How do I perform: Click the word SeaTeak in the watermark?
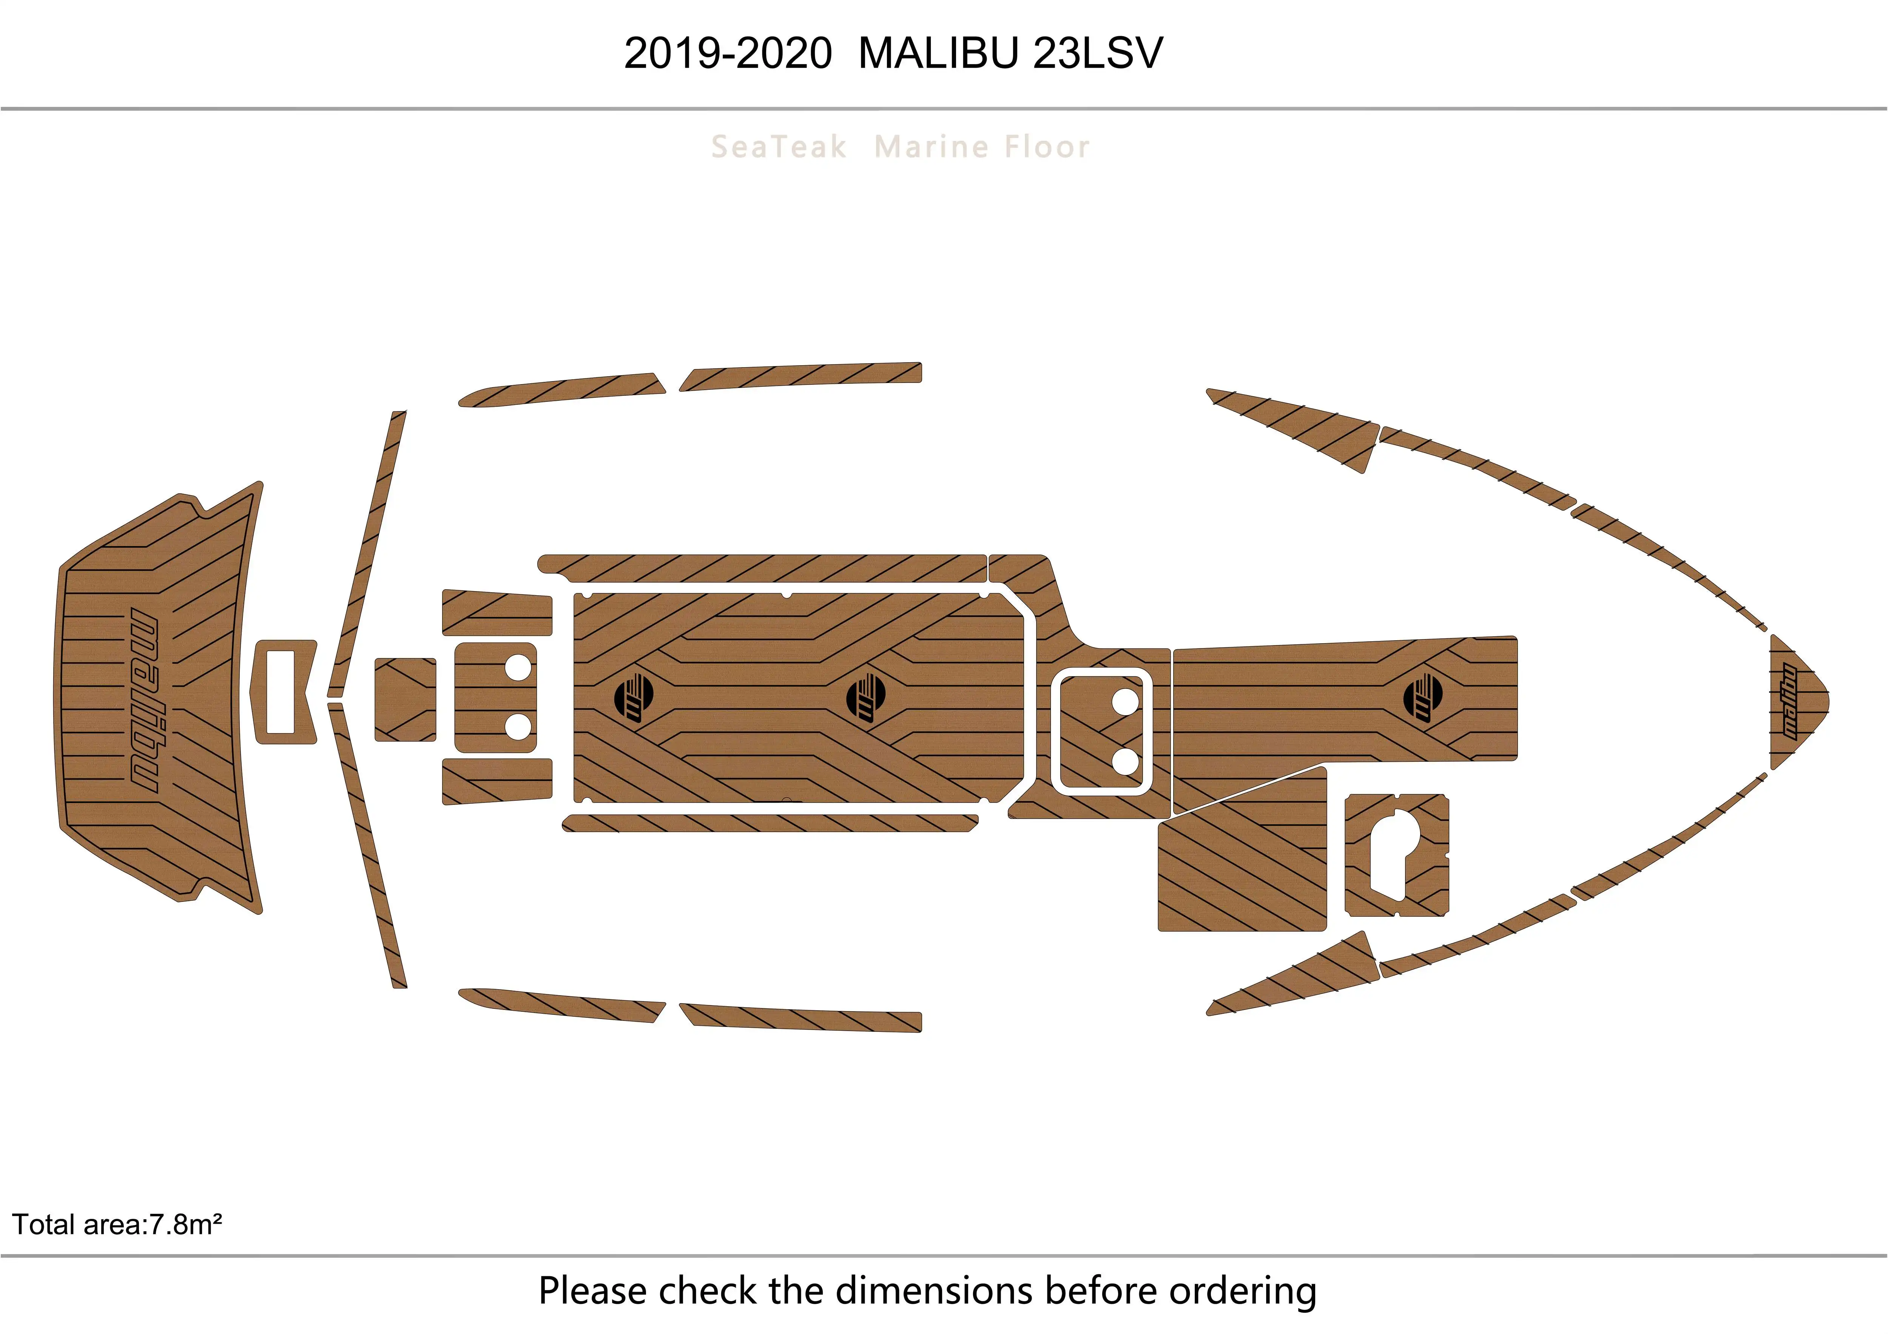778,147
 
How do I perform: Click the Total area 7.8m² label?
117,1224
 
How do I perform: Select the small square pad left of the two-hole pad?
404,699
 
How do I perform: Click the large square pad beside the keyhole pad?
1242,855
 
